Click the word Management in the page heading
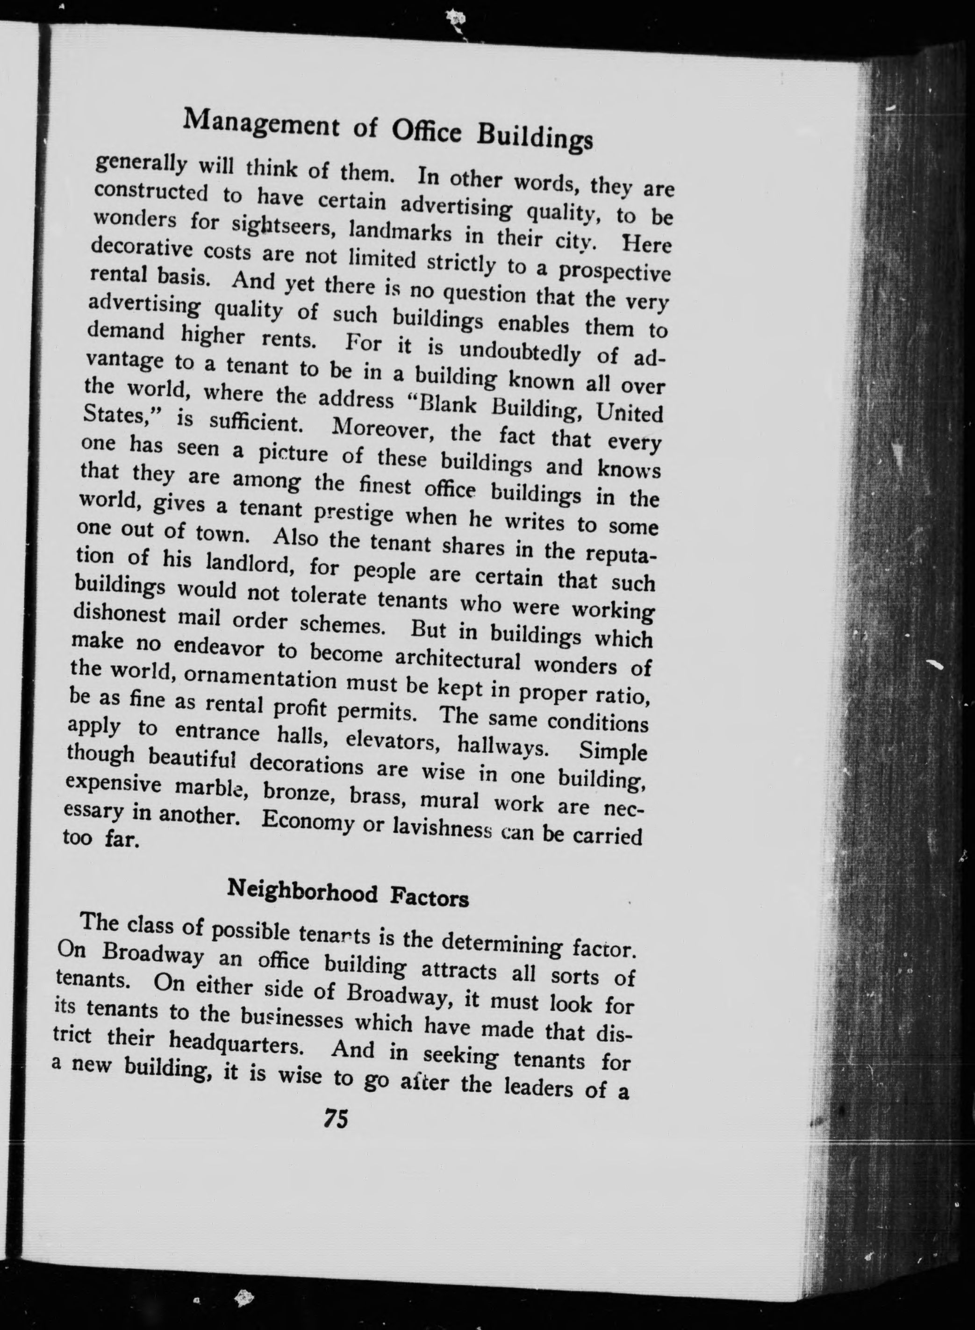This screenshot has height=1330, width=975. pyautogui.click(x=260, y=126)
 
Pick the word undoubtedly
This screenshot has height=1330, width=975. pyautogui.click(x=519, y=353)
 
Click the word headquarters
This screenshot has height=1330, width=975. pyautogui.click(x=236, y=1044)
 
